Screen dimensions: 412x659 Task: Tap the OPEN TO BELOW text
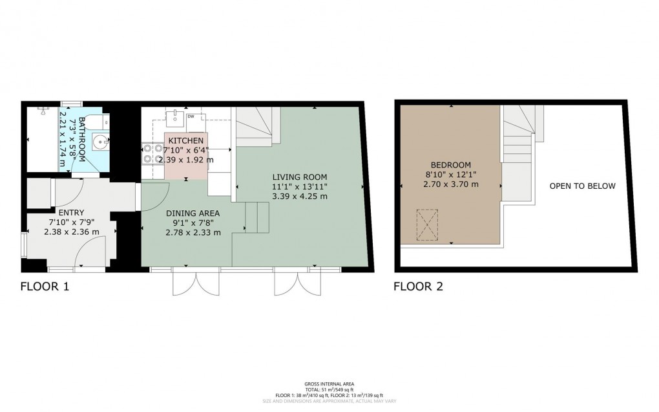click(582, 186)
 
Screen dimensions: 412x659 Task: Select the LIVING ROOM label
click(299, 177)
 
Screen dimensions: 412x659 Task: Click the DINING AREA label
click(193, 213)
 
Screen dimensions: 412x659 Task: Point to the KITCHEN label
click(186, 141)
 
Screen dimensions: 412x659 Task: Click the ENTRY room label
click(71, 212)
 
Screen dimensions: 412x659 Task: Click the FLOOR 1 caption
click(45, 286)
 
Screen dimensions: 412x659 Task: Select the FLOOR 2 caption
click(418, 286)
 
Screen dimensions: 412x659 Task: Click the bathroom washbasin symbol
click(100, 141)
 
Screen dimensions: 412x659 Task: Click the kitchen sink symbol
click(175, 117)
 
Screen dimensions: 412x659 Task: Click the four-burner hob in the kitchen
click(152, 153)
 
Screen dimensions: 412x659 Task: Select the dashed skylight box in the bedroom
click(427, 224)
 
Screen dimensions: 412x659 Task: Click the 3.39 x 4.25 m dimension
click(299, 197)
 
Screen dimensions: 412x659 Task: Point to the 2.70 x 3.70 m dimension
click(452, 184)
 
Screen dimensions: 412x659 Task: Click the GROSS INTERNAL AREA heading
click(329, 384)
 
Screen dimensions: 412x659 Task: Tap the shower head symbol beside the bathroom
click(43, 110)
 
